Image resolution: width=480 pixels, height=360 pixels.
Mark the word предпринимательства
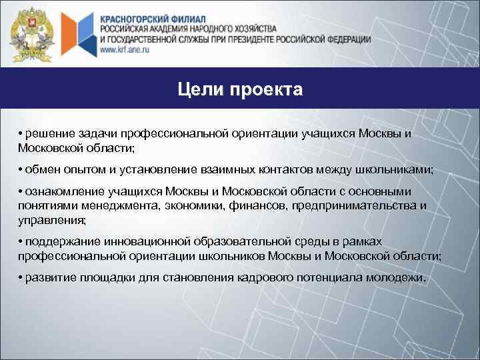coord(349,205)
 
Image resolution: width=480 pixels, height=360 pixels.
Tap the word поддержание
coord(56,241)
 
